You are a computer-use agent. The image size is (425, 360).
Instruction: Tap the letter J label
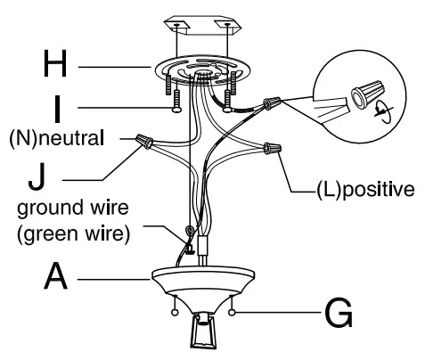point(37,174)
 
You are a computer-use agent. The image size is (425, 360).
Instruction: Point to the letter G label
point(338,313)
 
